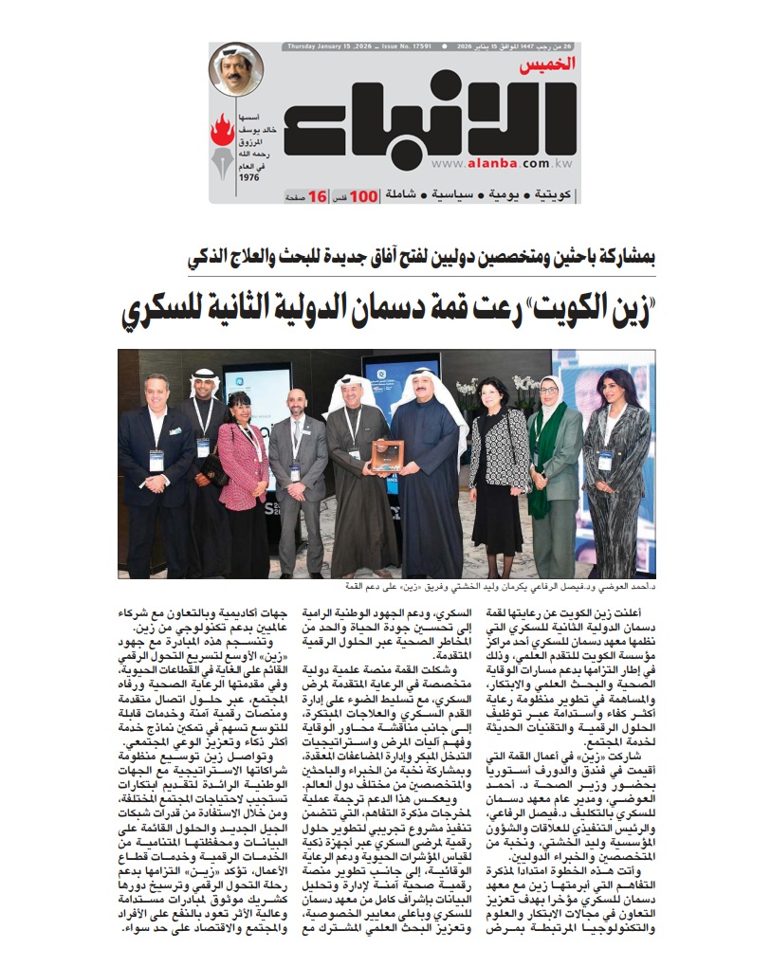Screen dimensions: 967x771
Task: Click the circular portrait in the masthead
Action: click(x=235, y=69)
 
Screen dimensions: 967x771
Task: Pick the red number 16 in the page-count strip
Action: click(x=317, y=195)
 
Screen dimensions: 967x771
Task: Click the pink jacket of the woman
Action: click(x=242, y=465)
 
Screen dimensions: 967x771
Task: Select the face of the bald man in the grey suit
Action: click(x=297, y=401)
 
